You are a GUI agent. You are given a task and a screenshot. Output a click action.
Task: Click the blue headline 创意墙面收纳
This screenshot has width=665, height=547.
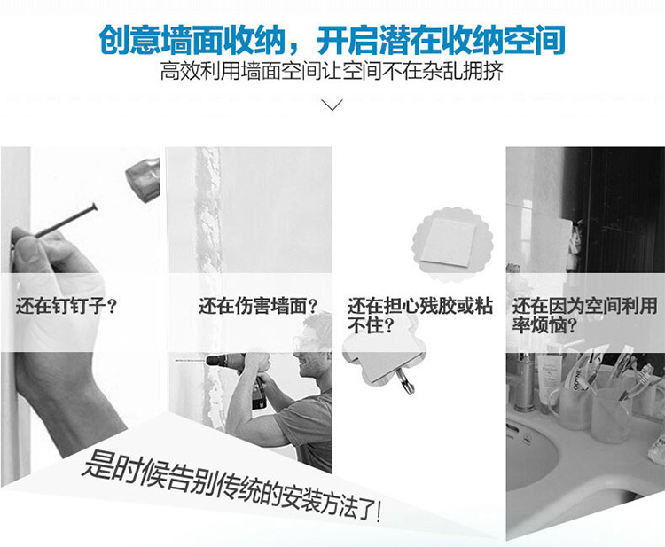tap(192, 40)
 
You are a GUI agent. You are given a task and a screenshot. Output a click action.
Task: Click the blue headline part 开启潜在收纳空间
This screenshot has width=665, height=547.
tap(441, 40)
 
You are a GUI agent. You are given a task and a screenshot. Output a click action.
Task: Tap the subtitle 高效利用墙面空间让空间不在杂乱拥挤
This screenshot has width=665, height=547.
tap(332, 71)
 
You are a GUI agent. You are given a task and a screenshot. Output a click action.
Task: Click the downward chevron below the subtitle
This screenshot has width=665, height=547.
tap(332, 105)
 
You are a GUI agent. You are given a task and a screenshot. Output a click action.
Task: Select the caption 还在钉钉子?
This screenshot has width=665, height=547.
tap(66, 306)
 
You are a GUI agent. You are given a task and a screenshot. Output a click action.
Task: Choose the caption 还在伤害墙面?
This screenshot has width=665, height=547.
tap(258, 306)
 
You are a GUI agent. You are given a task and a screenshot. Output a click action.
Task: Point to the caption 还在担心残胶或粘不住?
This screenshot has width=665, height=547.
tap(420, 315)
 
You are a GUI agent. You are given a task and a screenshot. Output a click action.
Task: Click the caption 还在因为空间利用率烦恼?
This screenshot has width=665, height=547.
tap(585, 315)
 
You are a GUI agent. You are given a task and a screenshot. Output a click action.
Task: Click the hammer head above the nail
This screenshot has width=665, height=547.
tap(144, 179)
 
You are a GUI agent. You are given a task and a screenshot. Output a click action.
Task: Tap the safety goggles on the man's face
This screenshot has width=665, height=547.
tap(305, 340)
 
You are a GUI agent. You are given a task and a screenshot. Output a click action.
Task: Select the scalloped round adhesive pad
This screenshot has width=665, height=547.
tap(452, 244)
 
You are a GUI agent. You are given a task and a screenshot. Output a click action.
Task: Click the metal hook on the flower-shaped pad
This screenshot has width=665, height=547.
tap(406, 380)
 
